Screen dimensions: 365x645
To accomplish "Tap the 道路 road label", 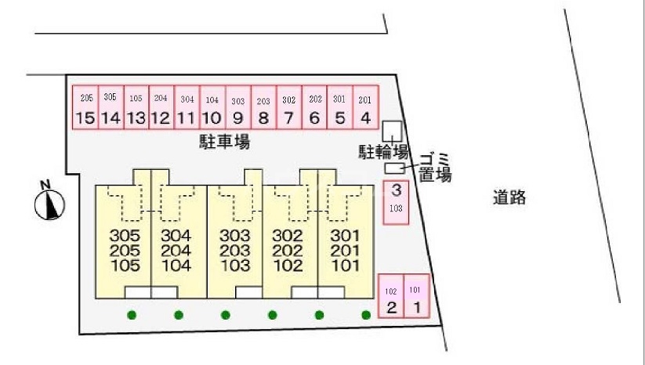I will (x=509, y=198).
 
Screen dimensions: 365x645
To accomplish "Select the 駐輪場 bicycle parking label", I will (x=383, y=151).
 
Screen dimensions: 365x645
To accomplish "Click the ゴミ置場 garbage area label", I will (x=433, y=167).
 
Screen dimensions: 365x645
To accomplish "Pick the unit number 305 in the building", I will (x=125, y=235).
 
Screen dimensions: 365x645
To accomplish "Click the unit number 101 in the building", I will (x=345, y=265).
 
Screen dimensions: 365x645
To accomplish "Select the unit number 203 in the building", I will (x=234, y=250).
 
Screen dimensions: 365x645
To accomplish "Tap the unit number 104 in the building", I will (x=176, y=265).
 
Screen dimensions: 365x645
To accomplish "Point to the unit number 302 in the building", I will (x=287, y=235).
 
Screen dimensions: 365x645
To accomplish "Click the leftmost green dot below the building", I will (x=132, y=315).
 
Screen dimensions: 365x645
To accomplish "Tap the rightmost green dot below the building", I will (x=366, y=315).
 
